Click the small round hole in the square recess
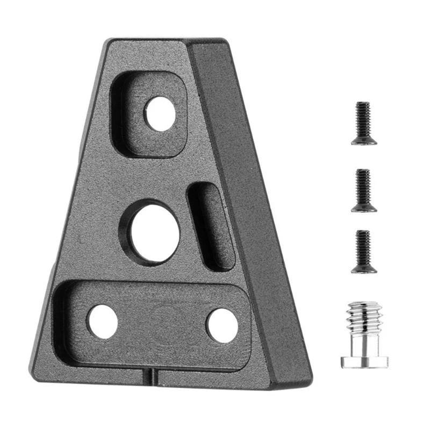coord(160,114)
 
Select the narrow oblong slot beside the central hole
coord(213,226)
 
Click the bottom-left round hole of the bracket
coord(103,321)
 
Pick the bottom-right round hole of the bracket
coord(222,325)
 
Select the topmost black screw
coord(364,124)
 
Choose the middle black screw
coord(364,190)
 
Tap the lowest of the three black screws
coord(364,252)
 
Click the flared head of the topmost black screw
coord(364,140)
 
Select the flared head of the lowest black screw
coord(364,268)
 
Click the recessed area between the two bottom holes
coord(161,322)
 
